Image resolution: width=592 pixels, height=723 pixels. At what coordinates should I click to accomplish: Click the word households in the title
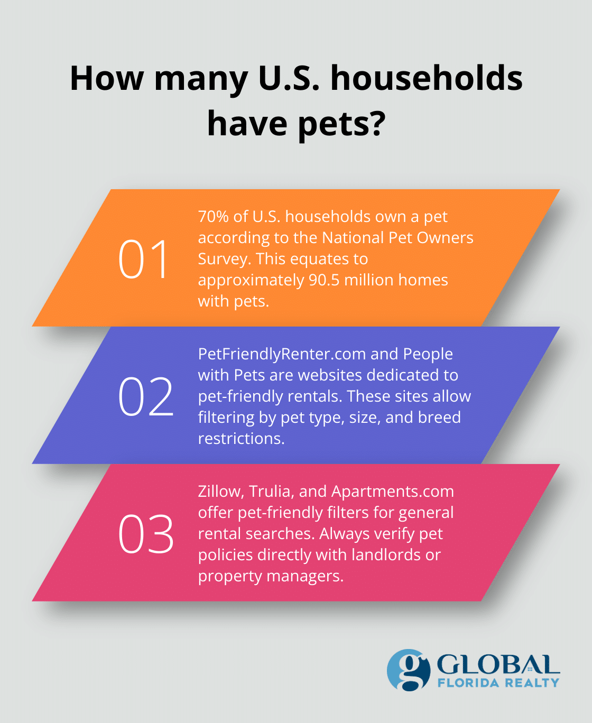427,78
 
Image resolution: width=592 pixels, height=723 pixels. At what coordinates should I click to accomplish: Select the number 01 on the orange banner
143,259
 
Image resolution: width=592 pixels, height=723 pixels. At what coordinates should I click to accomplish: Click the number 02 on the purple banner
145,396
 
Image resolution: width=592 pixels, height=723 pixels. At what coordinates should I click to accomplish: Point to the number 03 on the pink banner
145,534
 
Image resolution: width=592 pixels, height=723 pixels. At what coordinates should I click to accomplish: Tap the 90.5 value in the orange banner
323,280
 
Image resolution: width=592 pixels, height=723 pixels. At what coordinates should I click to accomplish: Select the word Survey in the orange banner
221,259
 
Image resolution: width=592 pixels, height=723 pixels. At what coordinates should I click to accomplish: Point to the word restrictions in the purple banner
240,439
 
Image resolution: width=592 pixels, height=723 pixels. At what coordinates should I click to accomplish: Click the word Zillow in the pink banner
220,492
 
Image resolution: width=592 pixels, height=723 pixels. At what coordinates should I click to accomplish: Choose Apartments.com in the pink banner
392,492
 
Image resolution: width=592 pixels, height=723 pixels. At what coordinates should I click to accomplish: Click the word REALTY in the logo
532,683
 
